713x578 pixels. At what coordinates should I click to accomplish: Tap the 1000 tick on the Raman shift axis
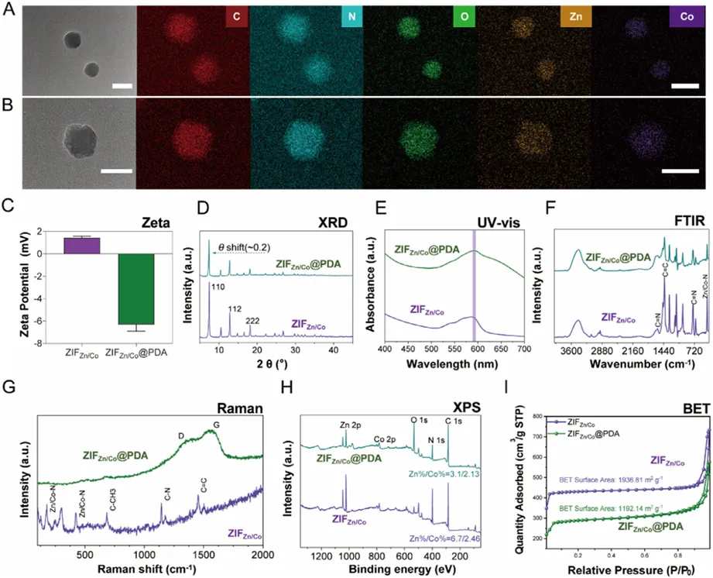click(144, 556)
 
